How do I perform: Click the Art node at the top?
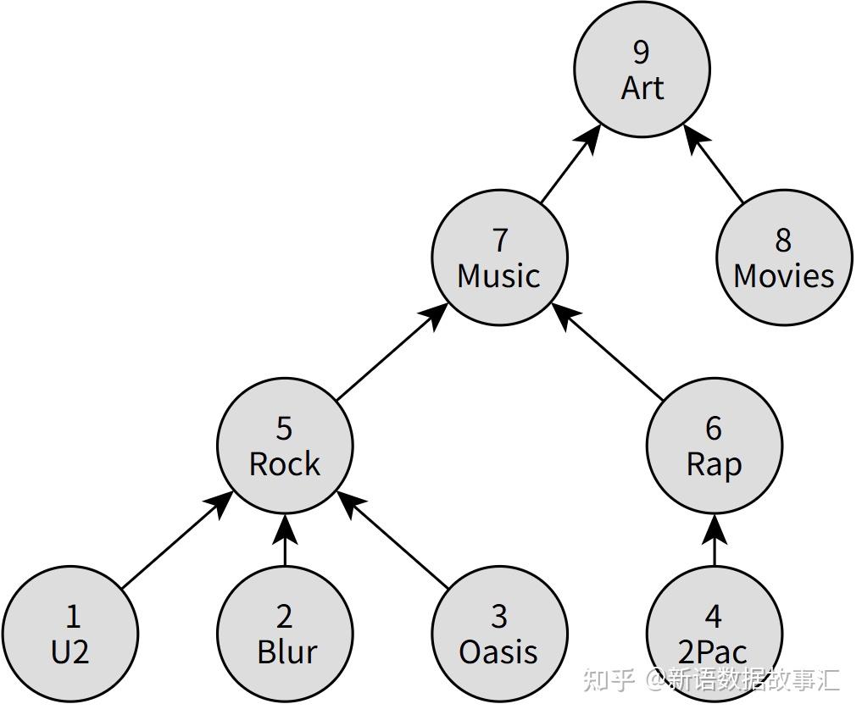pyautogui.click(x=642, y=69)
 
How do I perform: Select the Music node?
pyautogui.click(x=499, y=258)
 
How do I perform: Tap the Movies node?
pyautogui.click(x=785, y=258)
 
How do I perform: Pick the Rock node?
pyautogui.click(x=285, y=446)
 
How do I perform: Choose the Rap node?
pyautogui.click(x=715, y=446)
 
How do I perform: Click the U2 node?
pyautogui.click(x=70, y=635)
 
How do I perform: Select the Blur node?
pyautogui.click(x=285, y=635)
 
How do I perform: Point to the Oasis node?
pyautogui.click(x=499, y=635)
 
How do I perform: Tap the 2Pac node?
pyautogui.click(x=715, y=635)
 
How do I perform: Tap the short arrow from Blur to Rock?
pyautogui.click(x=285, y=540)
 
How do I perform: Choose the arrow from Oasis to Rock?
pyautogui.click(x=392, y=540)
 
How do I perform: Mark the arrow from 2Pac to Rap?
pyautogui.click(x=715, y=540)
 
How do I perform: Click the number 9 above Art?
pyautogui.click(x=642, y=53)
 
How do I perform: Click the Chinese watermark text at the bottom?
pyautogui.click(x=711, y=679)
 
